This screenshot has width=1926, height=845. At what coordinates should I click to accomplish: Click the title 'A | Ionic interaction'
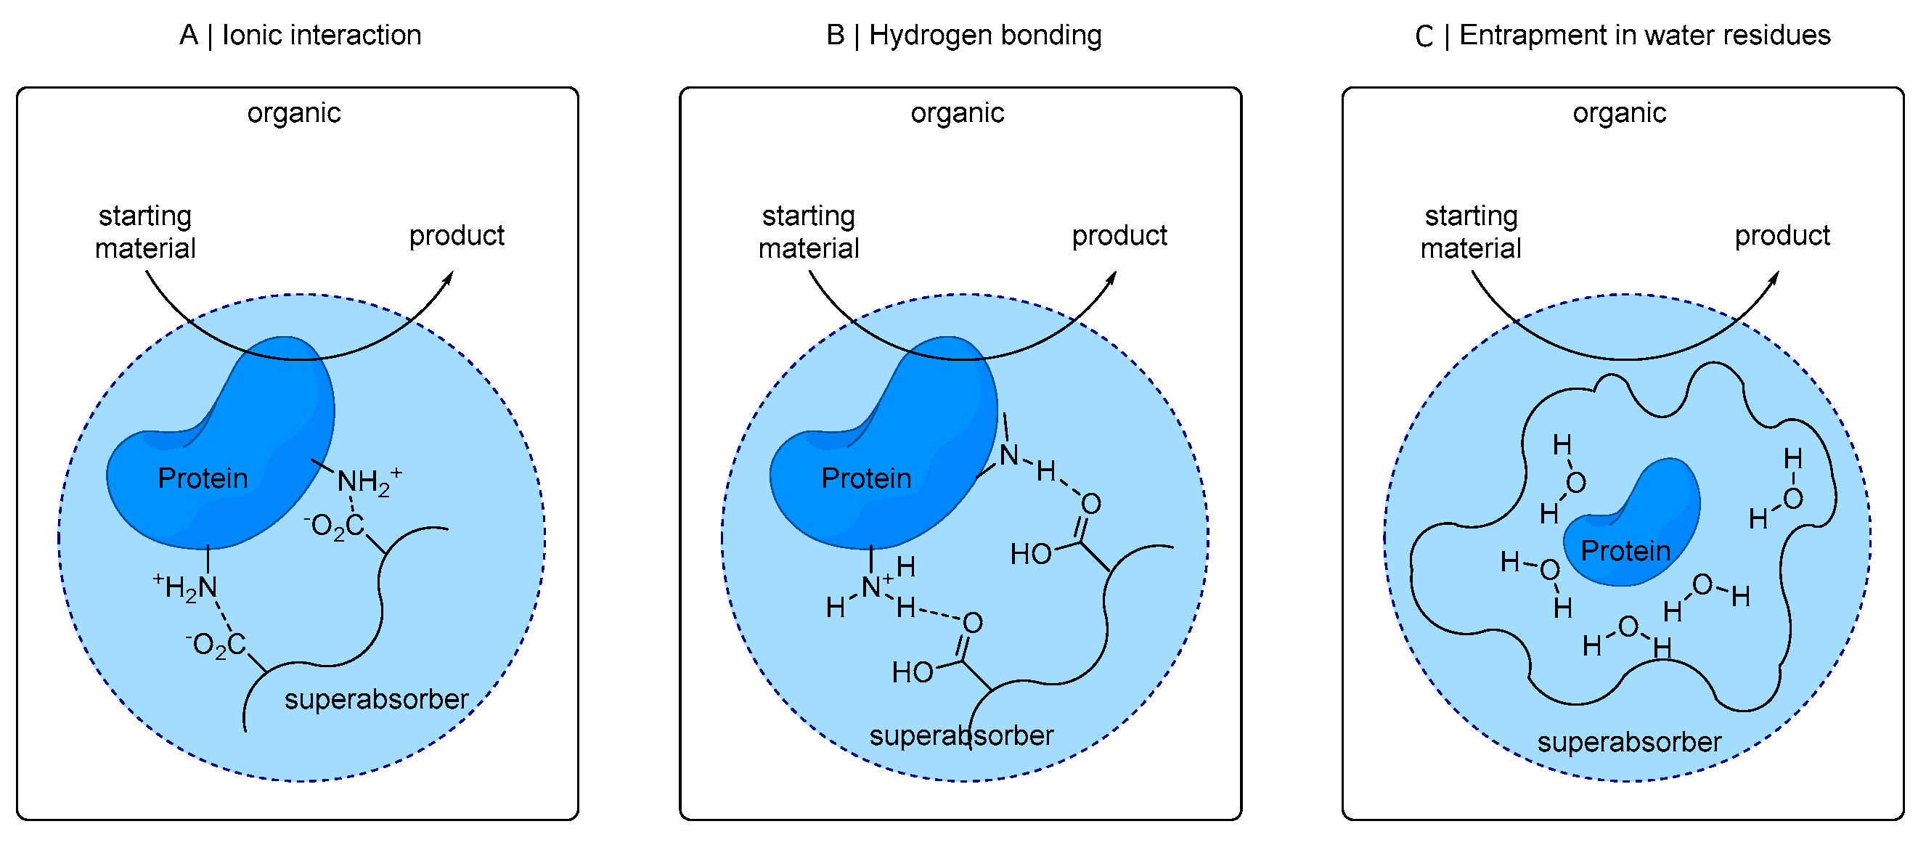pos(300,35)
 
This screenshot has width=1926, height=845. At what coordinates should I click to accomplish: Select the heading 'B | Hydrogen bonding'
pos(964,35)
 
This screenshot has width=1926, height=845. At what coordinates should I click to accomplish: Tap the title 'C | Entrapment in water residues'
pos(1622,35)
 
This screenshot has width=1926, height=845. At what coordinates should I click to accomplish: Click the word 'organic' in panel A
pos(294,113)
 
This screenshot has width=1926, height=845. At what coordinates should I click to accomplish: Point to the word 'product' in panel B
pos(1119,235)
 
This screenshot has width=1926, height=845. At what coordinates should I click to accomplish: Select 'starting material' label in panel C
pos(1470,232)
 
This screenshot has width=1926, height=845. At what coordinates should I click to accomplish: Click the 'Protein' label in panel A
pos(203,478)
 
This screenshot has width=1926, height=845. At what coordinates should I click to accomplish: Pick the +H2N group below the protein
pos(187,587)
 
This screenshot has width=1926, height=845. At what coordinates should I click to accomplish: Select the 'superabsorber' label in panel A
pos(376,700)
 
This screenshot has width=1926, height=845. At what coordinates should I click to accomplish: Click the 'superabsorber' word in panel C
pos(1629,743)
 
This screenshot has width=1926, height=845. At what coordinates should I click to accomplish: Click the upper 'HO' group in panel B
pos(1030,555)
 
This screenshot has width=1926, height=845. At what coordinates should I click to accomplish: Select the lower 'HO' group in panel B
pos(912,673)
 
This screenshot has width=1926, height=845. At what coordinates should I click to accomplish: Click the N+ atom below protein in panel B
pos(872,587)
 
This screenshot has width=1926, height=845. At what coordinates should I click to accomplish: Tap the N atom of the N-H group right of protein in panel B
pos(1008,454)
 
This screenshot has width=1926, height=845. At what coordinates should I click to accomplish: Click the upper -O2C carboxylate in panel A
pos(334,526)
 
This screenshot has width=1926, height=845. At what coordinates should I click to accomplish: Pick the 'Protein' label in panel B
pos(866,478)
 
